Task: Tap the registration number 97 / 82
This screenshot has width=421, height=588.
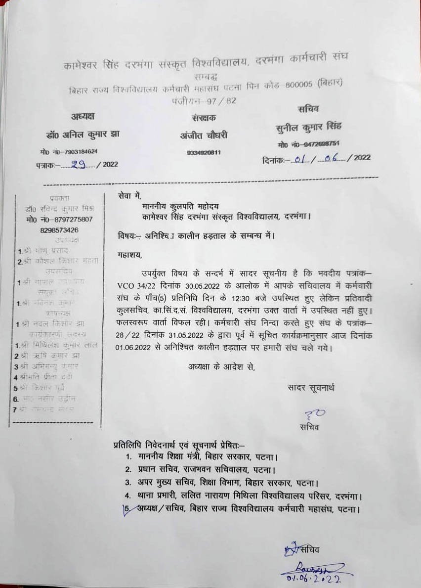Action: coord(225,101)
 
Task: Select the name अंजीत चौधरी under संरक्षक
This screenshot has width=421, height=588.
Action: coord(204,135)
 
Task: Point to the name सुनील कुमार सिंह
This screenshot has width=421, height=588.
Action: coord(309,127)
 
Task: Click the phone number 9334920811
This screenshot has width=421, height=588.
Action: coord(204,153)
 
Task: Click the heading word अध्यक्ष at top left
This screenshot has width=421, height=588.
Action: coord(83,116)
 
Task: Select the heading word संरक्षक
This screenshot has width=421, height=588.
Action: coord(204,117)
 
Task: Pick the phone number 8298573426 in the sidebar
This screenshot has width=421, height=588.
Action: coord(59,230)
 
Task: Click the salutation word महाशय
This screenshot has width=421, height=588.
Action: coord(129,255)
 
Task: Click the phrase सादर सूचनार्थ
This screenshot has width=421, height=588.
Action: coord(310,388)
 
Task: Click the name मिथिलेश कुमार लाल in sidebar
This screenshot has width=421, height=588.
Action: coord(60,345)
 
